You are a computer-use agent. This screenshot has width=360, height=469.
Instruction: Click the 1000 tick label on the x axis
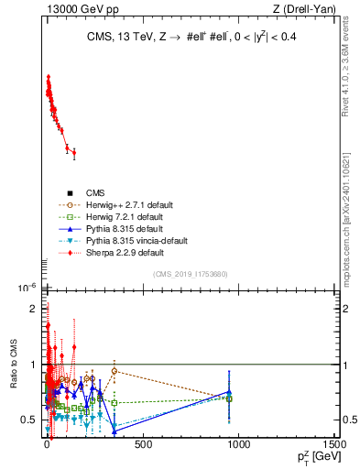[x=238, y=444]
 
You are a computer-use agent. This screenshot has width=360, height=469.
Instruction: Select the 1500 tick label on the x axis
[x=333, y=444]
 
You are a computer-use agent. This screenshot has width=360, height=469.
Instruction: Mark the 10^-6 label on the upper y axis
[x=27, y=288]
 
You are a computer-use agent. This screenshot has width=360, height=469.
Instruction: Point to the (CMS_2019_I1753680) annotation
[x=191, y=274]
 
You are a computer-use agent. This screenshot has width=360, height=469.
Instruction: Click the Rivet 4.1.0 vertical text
[x=346, y=70]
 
